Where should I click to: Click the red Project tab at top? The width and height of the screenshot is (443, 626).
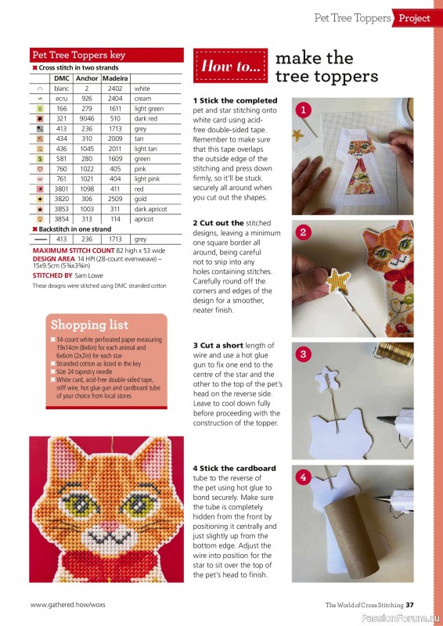414,17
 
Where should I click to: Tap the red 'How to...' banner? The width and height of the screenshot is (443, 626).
231,67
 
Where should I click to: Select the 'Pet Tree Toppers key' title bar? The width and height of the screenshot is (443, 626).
78,56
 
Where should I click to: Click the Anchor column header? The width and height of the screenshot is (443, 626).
88,78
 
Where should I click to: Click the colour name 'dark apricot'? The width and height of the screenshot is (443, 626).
150,210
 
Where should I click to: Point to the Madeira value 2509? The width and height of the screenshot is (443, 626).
115,200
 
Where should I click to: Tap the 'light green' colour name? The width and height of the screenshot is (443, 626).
149,109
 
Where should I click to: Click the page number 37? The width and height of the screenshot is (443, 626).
420,604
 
